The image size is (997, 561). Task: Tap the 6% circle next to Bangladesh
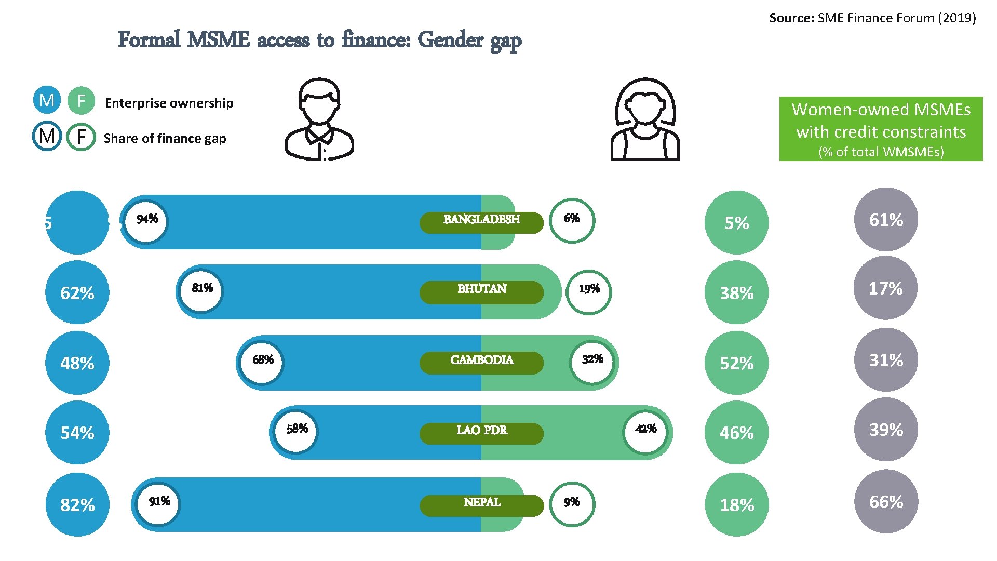coord(572,221)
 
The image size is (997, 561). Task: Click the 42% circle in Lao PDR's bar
coord(645,432)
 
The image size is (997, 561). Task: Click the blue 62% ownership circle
coord(77,293)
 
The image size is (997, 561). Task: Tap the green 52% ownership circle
coord(736,363)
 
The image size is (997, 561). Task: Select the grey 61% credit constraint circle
coord(886,220)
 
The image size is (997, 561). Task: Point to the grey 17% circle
coord(885,288)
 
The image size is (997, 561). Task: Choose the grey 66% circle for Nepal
coord(886,502)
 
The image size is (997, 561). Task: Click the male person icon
coord(319,119)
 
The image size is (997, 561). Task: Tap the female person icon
coord(645,119)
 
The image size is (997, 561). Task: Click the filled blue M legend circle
coord(47,100)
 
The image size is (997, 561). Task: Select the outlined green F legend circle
coord(81,137)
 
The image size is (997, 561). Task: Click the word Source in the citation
coord(791,18)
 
